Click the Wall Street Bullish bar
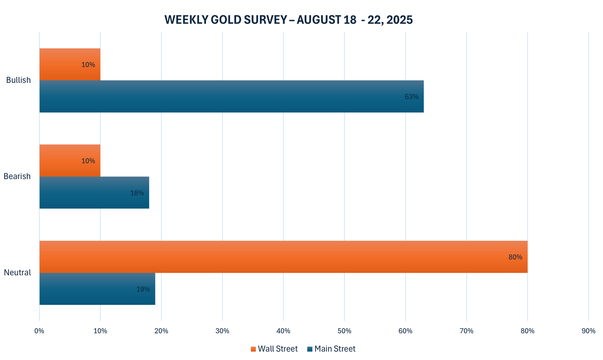pos(70,64)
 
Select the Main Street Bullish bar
pos(231,96)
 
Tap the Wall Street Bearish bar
pos(70,160)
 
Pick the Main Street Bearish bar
pos(94,193)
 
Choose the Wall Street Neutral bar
pos(283,257)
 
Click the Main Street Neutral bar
pos(97,289)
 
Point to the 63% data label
pos(412,96)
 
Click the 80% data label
pos(515,257)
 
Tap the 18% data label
pos(137,193)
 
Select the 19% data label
pos(143,289)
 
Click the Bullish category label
pos(18,80)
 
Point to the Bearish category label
pos(17,176)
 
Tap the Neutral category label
pos(17,273)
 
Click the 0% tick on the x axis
pos(39,331)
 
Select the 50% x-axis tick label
pos(344,331)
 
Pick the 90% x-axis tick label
pos(588,331)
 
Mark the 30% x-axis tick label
pos(222,331)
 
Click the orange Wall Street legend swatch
pos(253,349)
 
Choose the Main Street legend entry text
pos(335,349)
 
